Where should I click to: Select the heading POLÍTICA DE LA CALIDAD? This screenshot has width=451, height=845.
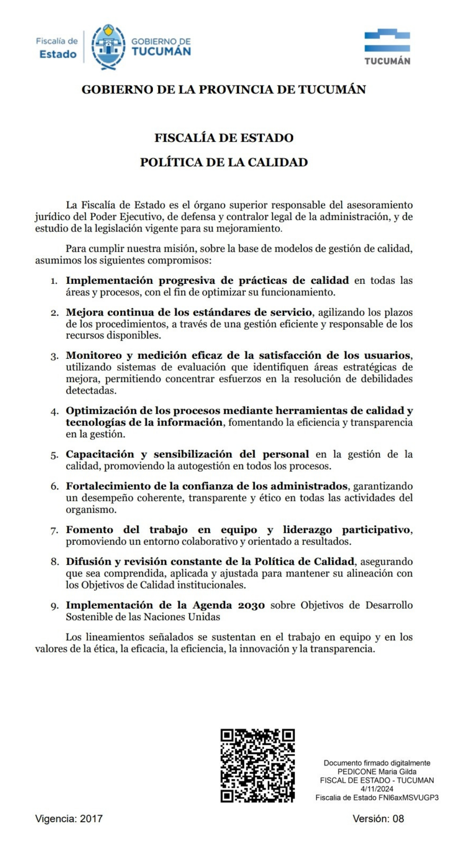[224, 162]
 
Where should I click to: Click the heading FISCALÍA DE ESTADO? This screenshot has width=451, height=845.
[224, 138]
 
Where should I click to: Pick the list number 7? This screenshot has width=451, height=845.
[54, 531]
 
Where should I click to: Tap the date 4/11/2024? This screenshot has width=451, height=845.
[377, 789]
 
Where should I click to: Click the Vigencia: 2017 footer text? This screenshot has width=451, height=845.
[69, 819]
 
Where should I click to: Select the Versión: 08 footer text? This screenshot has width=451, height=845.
[378, 819]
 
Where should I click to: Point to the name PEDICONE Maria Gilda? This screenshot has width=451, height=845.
[377, 772]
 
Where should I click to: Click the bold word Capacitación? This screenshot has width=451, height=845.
[100, 454]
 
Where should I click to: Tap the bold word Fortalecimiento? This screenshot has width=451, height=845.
[107, 486]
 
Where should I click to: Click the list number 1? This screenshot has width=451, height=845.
[54, 281]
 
